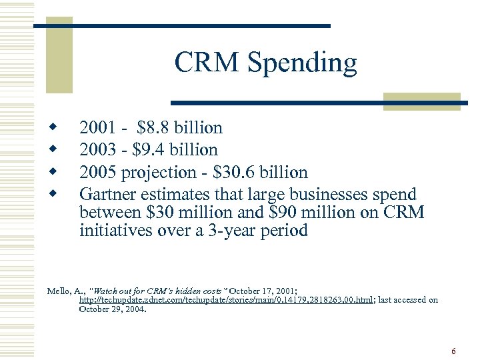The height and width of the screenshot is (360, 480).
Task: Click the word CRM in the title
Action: [207, 63]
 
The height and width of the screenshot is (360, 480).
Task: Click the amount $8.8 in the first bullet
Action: [153, 127]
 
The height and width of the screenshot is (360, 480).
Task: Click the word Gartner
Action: [106, 195]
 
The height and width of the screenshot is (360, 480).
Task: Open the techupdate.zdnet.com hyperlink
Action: [226, 300]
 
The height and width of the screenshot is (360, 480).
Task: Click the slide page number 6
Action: [453, 351]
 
